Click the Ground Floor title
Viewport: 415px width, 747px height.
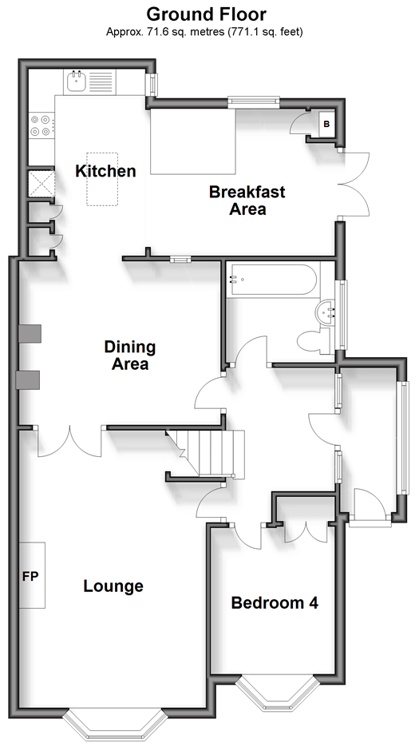pos(206,14)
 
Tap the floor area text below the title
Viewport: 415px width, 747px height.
pos(204,32)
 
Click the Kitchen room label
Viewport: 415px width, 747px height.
pos(105,171)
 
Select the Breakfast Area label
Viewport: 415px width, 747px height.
pos(247,200)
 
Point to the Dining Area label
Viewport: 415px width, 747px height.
pos(130,356)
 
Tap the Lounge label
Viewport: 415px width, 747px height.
pos(113,586)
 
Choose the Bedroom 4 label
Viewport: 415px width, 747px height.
pos(275,602)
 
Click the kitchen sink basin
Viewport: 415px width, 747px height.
pos(76,82)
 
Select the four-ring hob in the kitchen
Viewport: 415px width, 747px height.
pos(41,125)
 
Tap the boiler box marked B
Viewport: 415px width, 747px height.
pos(326,125)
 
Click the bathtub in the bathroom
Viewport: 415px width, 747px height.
pos(272,280)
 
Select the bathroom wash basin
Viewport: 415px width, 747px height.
pos(325,312)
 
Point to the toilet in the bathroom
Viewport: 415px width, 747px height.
pos(314,341)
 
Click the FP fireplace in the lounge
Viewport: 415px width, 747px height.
pos(32,575)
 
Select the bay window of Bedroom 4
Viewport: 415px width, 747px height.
pos(277,693)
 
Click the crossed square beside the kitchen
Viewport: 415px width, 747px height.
pos(41,184)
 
